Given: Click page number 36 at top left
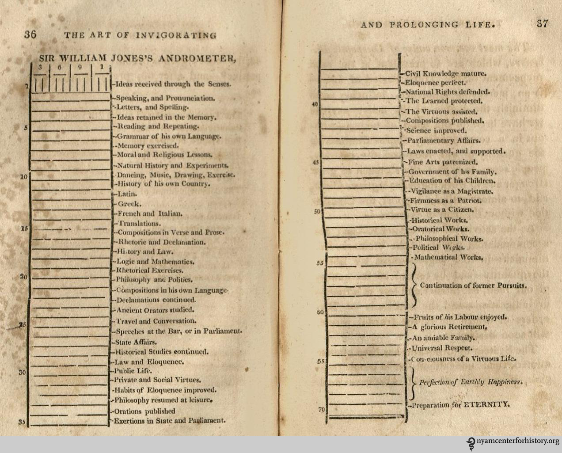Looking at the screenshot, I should [30, 35].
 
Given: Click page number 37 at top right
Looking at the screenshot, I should [543, 24].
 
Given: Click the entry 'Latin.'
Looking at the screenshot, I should [121, 194].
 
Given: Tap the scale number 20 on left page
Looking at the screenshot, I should [24, 277].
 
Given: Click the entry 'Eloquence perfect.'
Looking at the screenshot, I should [435, 83].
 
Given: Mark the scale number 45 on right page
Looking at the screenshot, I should [315, 162].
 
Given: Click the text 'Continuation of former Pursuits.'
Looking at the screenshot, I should [473, 286].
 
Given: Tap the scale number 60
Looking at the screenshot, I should [321, 312].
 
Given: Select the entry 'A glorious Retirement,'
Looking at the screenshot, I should [449, 327].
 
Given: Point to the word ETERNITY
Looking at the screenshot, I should [486, 404].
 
